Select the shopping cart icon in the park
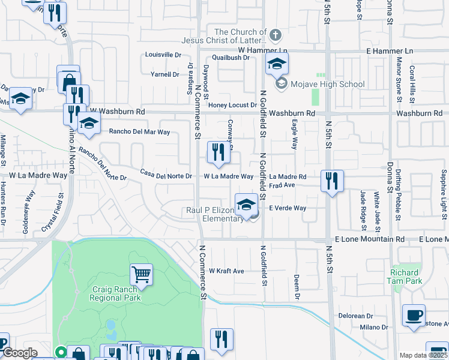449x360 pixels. (x=141, y=274)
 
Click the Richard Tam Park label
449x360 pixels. (x=406, y=277)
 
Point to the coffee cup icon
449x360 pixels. (x=414, y=315)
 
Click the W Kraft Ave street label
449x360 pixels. (x=226, y=271)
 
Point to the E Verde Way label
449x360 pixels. (x=288, y=208)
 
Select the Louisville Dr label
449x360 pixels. (x=163, y=55)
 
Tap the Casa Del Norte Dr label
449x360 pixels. (x=166, y=176)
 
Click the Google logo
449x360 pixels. (x=20, y=353)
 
